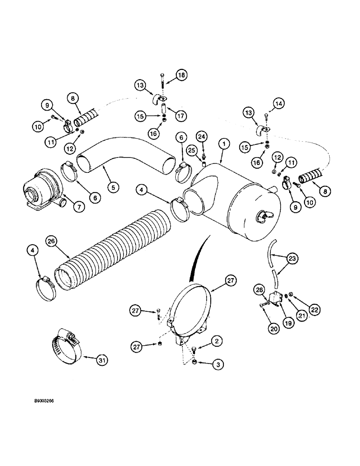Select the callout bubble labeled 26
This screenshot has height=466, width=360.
51,241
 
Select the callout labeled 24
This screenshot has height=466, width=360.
201,137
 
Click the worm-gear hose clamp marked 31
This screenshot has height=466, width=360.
66,344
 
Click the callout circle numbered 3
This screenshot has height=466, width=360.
215,365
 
